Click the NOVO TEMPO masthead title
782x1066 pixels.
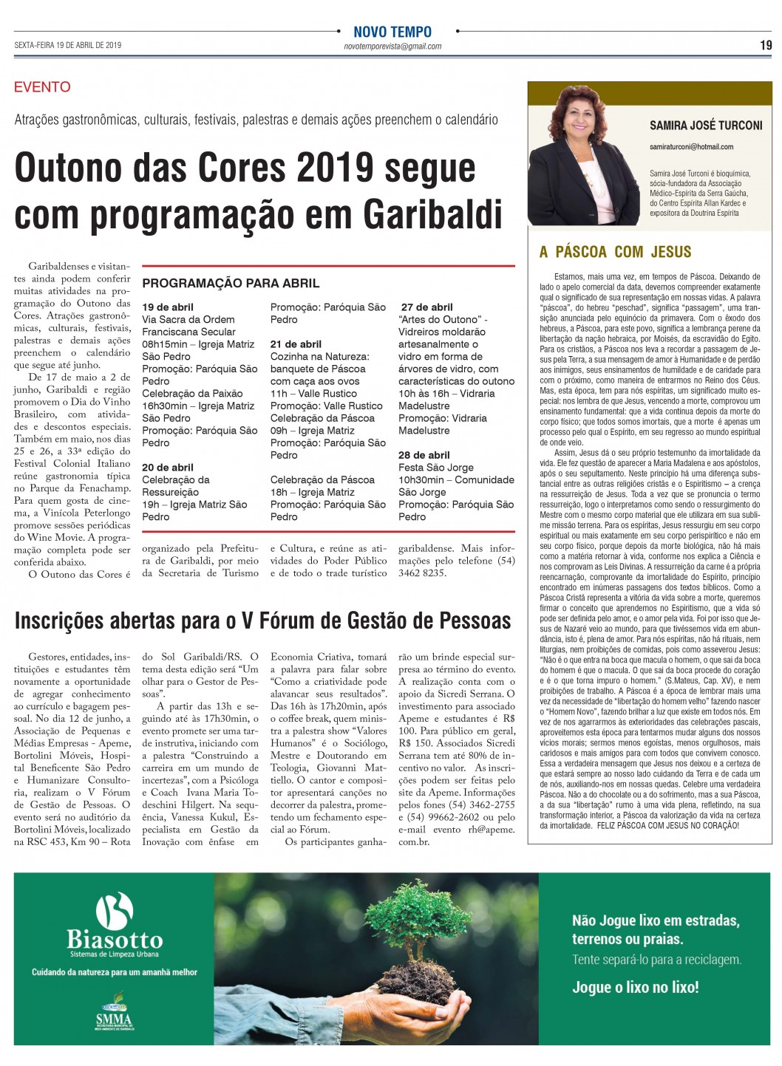392,32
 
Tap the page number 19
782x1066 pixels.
766,46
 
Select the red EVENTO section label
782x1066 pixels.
42,87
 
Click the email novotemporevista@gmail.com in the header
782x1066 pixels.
392,47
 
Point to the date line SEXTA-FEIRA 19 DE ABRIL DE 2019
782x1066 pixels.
67,46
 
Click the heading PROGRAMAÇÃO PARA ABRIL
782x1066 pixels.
231,283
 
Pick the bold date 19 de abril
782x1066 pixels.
168,307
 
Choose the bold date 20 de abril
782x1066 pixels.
168,468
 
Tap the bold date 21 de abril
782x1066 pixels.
296,344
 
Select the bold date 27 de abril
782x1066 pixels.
427,307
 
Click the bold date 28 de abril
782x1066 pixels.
424,455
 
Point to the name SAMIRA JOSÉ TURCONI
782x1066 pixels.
706,126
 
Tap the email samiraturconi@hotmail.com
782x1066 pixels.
691,147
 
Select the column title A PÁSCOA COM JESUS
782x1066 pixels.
615,252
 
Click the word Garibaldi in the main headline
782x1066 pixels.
432,214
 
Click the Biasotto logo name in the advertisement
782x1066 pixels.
115,939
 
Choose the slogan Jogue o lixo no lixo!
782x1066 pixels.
635,987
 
